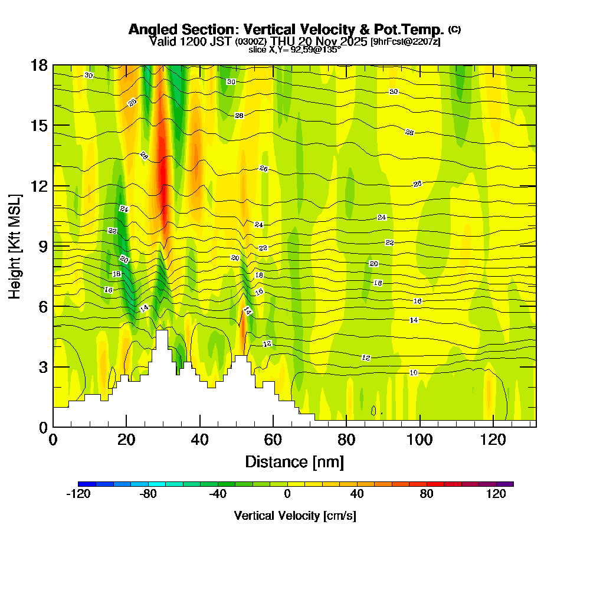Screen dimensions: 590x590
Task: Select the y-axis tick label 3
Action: [42, 366]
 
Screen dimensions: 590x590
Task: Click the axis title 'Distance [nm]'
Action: [294, 461]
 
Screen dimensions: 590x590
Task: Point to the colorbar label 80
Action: [427, 494]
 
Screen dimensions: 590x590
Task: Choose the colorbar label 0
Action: [287, 494]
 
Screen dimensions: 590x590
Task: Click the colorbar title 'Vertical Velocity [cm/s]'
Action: [295, 516]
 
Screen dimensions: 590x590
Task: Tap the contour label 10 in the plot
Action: [414, 372]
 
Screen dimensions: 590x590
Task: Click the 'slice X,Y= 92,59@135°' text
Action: [294, 50]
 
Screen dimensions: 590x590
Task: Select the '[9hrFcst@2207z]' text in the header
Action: [405, 41]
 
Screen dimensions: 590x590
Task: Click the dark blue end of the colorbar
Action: [82, 484]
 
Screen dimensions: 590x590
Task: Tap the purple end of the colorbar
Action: [509, 484]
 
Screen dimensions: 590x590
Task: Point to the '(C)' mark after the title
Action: [455, 29]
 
